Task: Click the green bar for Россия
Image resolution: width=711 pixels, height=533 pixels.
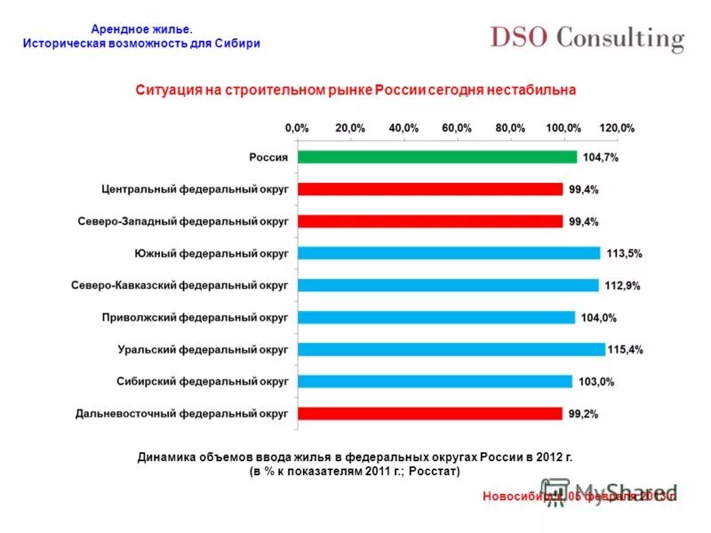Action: coord(436,157)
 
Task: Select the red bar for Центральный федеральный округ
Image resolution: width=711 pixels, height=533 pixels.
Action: coord(430,189)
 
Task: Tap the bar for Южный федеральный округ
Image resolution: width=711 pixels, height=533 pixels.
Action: coord(449,253)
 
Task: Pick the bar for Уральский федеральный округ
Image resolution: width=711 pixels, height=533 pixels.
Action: coord(451,349)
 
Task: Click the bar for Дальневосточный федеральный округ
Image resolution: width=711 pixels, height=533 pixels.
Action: coord(430,413)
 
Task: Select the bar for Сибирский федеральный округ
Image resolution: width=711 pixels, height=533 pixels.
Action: coord(435,381)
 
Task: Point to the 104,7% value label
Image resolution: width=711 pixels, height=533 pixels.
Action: coord(601,157)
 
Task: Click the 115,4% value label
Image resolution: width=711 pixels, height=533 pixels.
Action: coord(626,349)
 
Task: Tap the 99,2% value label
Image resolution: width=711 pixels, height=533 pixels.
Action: coord(585,413)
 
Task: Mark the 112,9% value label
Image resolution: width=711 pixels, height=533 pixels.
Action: coord(622,285)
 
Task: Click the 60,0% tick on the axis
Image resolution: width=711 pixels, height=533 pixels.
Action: coord(457,128)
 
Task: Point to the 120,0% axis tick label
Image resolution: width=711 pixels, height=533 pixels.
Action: coord(617,128)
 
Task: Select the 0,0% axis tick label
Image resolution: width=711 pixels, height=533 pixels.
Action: coord(297,128)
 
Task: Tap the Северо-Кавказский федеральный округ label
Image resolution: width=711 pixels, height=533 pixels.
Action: coord(180,285)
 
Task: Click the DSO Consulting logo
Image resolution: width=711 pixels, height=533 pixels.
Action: coord(587,38)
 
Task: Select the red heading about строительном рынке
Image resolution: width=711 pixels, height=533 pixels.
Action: coord(355,90)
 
